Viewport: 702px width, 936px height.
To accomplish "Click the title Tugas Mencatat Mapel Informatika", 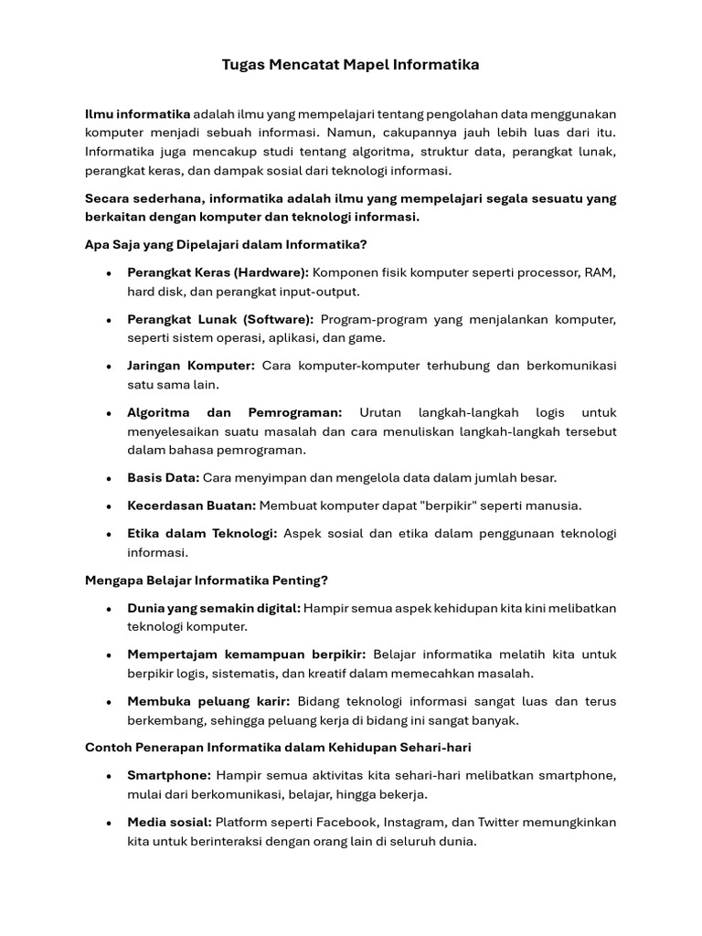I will [x=351, y=65].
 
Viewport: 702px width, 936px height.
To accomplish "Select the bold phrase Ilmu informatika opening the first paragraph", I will [x=137, y=113].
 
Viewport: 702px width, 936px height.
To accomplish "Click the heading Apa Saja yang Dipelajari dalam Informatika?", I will [x=226, y=244].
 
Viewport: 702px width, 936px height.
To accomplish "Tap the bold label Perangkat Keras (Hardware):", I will [x=218, y=272].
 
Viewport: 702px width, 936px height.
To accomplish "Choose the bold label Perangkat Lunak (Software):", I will [x=220, y=319].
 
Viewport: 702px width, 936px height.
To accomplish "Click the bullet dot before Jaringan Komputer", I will [x=109, y=366].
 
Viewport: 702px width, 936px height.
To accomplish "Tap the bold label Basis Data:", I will [x=163, y=477].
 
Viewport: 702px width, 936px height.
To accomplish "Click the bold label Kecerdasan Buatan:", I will [x=192, y=505].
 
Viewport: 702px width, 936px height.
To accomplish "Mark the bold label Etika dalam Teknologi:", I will [x=202, y=533].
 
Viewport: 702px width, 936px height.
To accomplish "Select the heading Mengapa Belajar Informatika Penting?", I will [x=207, y=580].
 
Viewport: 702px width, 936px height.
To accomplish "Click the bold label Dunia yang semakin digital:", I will [x=214, y=608].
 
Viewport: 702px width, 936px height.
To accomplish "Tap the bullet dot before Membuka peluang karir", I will [x=109, y=701].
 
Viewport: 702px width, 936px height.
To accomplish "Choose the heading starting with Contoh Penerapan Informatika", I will [x=278, y=747].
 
